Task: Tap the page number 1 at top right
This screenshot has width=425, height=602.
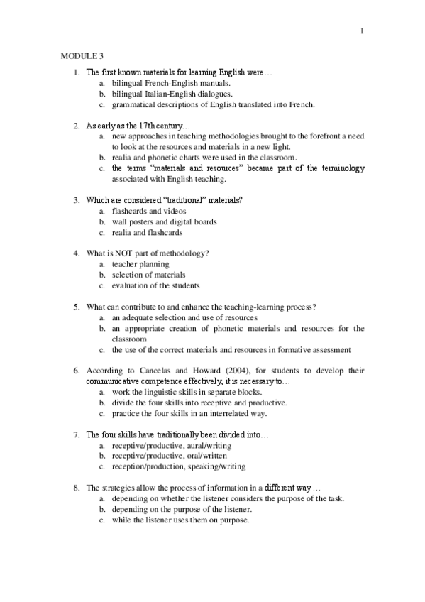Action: pyautogui.click(x=362, y=31)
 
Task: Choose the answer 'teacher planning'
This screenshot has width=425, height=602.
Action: pyautogui.click(x=140, y=264)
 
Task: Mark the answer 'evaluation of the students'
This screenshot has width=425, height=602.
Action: pyautogui.click(x=155, y=285)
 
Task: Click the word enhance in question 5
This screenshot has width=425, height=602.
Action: pyautogui.click(x=187, y=307)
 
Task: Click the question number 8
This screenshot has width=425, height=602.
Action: pyautogui.click(x=77, y=488)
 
